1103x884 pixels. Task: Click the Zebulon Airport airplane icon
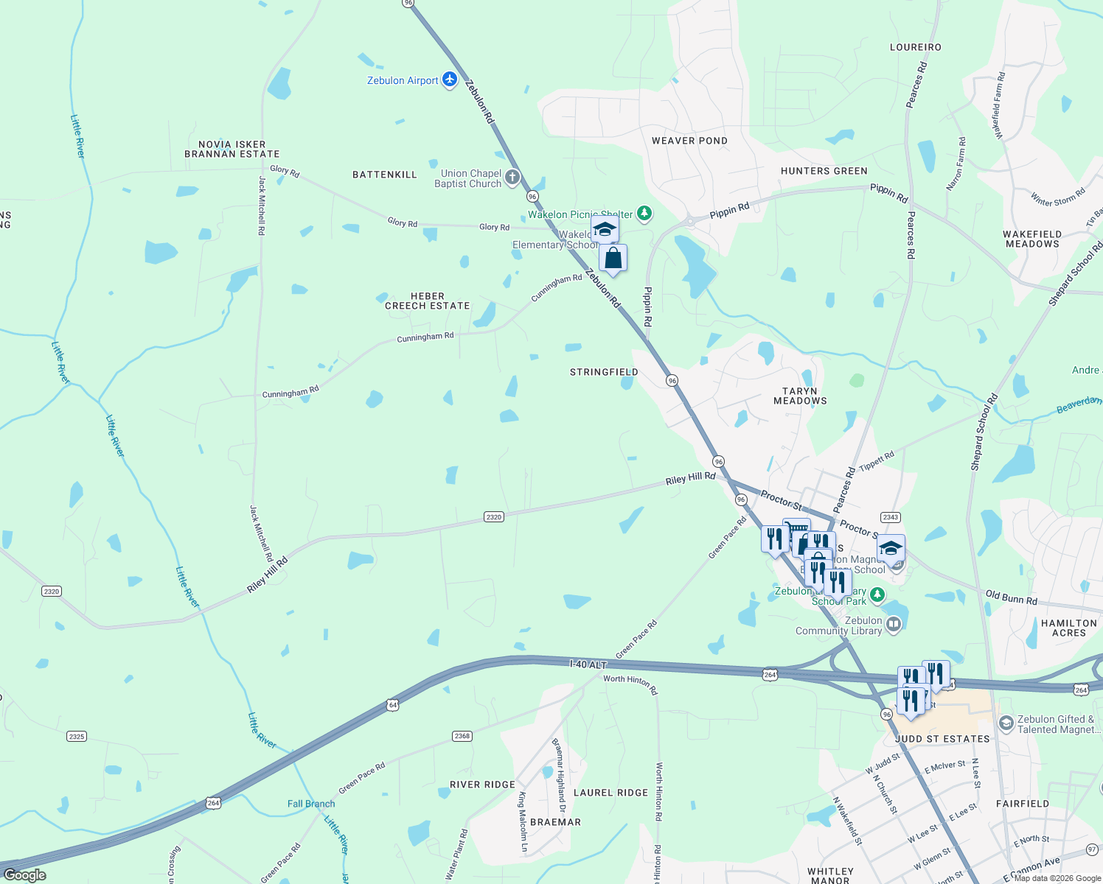(x=450, y=80)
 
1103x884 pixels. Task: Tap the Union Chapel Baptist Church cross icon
(x=512, y=178)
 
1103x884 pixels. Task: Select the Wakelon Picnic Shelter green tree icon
(x=644, y=214)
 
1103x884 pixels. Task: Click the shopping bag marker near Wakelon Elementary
(x=613, y=259)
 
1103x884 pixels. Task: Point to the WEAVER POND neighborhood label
(x=689, y=141)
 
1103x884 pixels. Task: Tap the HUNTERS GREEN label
(x=824, y=171)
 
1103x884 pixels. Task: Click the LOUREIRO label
(x=915, y=47)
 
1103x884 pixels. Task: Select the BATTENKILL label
(x=385, y=175)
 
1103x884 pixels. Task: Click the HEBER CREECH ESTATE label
(x=428, y=301)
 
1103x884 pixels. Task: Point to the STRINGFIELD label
(x=604, y=372)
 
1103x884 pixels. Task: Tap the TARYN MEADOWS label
(x=800, y=396)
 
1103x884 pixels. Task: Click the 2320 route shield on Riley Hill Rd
(x=494, y=517)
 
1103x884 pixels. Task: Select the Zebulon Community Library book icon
(x=894, y=625)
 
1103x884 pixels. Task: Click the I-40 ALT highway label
(x=588, y=664)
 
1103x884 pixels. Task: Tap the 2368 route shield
(x=462, y=736)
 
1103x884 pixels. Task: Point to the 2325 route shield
(x=77, y=736)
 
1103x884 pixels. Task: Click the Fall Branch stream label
(x=311, y=804)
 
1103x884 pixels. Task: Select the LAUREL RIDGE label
(x=610, y=793)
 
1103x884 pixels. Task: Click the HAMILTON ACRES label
(x=1069, y=628)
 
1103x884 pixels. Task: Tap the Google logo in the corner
(x=24, y=875)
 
